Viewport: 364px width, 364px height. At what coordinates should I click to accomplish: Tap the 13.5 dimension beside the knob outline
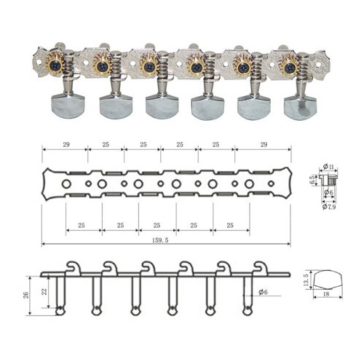[306, 280]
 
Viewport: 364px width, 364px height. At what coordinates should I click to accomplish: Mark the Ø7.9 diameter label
[331, 207]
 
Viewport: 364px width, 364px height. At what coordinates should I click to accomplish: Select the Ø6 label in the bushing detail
[330, 192]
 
